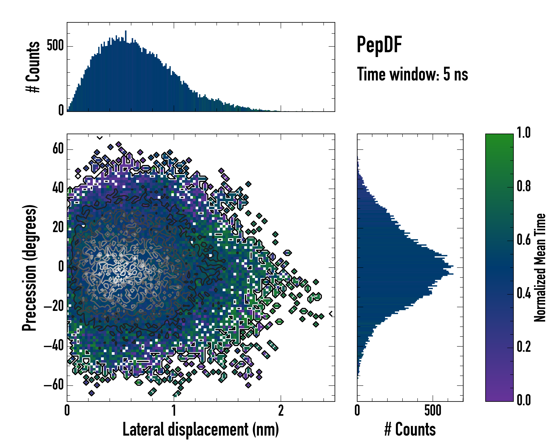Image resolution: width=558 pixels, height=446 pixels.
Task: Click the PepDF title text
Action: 379,45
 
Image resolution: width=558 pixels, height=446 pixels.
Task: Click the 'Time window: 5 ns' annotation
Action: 412,74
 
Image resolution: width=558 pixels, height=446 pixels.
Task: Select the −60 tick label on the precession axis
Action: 54,385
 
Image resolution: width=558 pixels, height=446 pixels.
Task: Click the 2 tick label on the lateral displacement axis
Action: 281,411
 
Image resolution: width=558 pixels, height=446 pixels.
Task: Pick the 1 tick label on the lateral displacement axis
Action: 174,411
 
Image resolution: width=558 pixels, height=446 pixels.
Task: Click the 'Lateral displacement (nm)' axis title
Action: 201,429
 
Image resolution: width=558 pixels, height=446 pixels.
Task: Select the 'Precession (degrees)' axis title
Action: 29,268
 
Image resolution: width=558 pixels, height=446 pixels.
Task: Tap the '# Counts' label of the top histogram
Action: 33,67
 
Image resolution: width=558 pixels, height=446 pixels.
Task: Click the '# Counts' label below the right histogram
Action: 410,429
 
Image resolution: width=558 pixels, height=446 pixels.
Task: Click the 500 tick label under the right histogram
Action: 433,411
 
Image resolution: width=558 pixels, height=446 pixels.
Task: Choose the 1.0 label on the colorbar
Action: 524,133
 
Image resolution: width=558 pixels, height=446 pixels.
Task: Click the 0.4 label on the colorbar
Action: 524,294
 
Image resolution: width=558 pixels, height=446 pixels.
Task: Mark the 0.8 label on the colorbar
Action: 524,186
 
